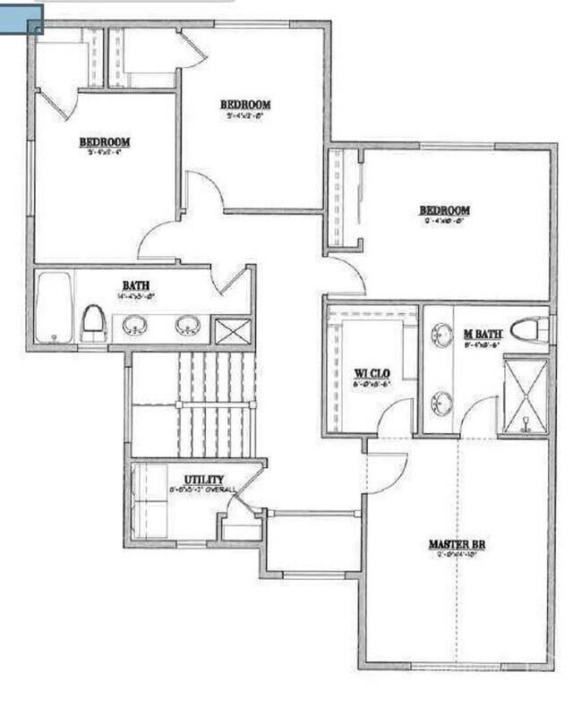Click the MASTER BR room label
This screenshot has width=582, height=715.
457,543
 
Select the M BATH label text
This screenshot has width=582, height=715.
483,334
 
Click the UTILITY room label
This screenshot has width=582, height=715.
204,480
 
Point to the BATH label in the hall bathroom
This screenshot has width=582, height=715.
136,285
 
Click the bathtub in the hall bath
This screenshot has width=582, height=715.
55,307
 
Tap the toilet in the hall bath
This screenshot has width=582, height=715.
94,321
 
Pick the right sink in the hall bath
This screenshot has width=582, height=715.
188,324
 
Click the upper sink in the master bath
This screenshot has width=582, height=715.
441,336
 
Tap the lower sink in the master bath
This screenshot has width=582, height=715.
441,403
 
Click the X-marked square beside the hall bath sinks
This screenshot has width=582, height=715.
232,330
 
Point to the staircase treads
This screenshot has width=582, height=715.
215,403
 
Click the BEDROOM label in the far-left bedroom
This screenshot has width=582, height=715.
106,142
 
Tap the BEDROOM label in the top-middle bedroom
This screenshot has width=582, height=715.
245,105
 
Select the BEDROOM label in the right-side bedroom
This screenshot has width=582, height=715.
445,211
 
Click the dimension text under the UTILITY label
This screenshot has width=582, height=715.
203,489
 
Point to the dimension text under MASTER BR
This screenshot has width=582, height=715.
457,554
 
